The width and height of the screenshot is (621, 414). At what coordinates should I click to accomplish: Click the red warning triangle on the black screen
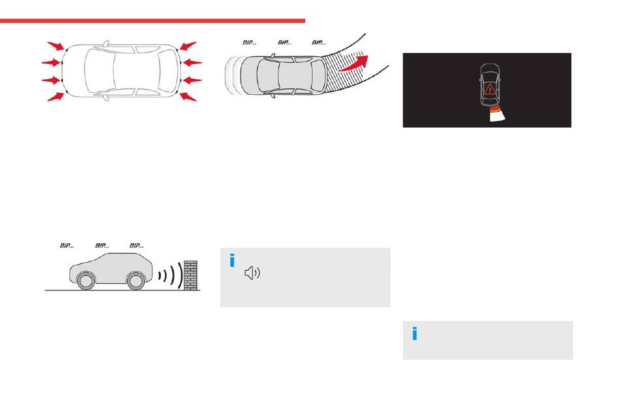[x=490, y=90]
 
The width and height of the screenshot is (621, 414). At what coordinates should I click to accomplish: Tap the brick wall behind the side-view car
[x=190, y=275]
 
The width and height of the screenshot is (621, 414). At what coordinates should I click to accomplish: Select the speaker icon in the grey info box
[x=252, y=273]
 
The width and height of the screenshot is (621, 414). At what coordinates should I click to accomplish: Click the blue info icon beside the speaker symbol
[x=232, y=261]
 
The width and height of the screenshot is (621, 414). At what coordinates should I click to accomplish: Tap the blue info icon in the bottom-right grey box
[x=414, y=334]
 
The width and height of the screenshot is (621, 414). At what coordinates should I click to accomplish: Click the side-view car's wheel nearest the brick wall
[x=135, y=280]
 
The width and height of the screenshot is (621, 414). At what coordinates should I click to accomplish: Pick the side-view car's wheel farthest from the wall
[x=86, y=280]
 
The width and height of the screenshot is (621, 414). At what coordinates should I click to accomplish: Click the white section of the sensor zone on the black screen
[x=499, y=116]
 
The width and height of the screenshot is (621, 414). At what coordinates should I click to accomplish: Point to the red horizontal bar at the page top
[x=152, y=21]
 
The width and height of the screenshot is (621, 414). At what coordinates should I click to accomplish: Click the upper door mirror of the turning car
[x=273, y=56]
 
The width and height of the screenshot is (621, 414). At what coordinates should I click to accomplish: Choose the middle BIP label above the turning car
[x=284, y=43]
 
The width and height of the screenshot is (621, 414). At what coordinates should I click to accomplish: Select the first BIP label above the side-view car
[x=67, y=246]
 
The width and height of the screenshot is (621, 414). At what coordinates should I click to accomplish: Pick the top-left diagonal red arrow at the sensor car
[x=56, y=46]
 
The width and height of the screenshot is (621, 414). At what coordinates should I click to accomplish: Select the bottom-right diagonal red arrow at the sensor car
[x=188, y=97]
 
